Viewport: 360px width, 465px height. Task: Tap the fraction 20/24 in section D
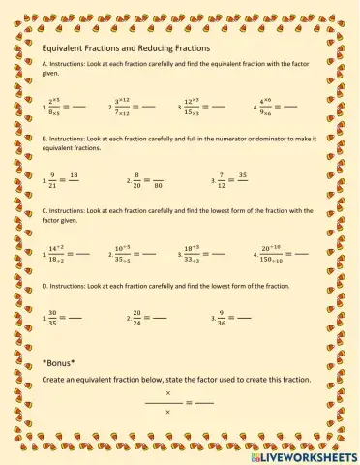click(136, 316)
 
